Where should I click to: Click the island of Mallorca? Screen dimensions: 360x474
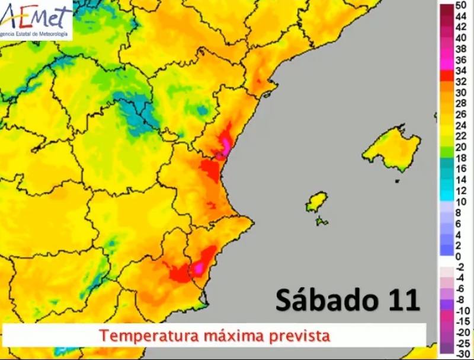coord(392,149)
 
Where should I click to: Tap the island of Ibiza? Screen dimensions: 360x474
coord(316,202)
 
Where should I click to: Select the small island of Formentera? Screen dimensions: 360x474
coord(322,222)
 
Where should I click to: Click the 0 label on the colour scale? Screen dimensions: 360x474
coord(459,256)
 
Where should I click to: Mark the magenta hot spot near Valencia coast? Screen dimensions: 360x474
coord(224,146)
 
